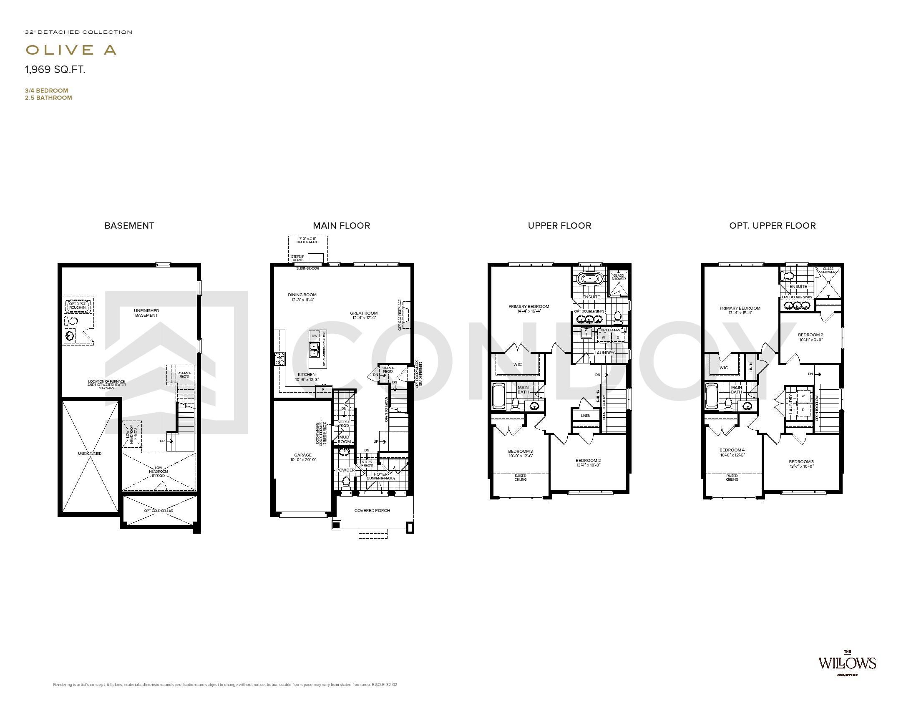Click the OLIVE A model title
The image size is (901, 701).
pyautogui.click(x=71, y=50)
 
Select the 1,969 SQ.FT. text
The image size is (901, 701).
pyautogui.click(x=55, y=70)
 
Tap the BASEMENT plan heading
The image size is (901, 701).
pyautogui.click(x=129, y=226)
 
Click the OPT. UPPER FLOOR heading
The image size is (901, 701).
pyautogui.click(x=772, y=226)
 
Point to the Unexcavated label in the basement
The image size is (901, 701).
pyautogui.click(x=89, y=454)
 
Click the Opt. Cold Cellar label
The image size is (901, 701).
pyautogui.click(x=159, y=511)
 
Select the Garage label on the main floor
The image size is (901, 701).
pyautogui.click(x=302, y=455)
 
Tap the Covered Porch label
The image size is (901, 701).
pyautogui.click(x=372, y=510)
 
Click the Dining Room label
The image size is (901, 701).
pyautogui.click(x=302, y=295)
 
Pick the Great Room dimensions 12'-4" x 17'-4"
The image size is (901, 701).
pyautogui.click(x=364, y=318)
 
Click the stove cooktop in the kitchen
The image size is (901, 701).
pyautogui.click(x=279, y=358)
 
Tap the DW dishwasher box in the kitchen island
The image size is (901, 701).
pyautogui.click(x=314, y=336)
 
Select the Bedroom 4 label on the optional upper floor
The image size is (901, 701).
pyautogui.click(x=732, y=450)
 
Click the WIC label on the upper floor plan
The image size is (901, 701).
pyautogui.click(x=517, y=365)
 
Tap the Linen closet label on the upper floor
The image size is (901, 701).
pyautogui.click(x=585, y=416)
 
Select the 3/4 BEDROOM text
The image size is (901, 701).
pyautogui.click(x=46, y=91)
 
